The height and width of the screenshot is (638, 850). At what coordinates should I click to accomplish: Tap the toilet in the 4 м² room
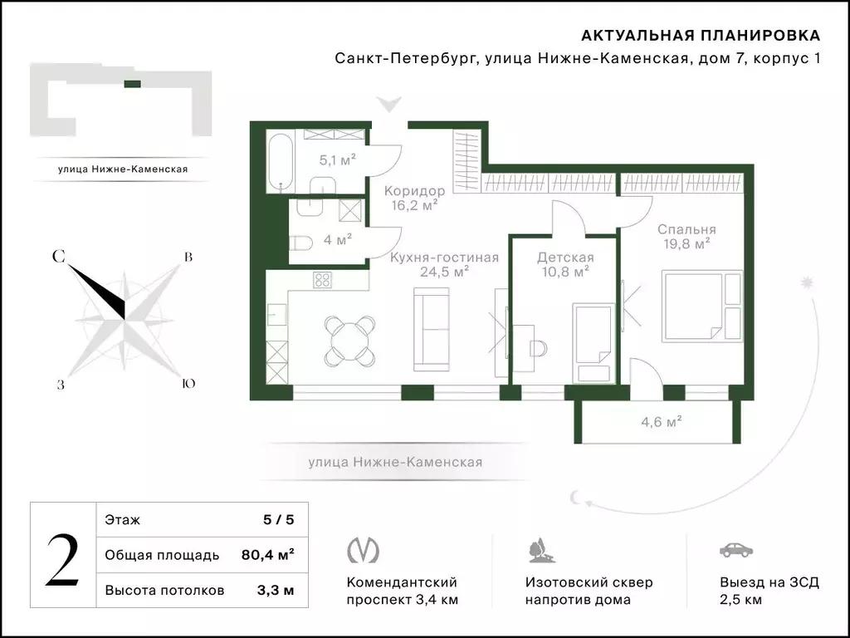click(x=302, y=243)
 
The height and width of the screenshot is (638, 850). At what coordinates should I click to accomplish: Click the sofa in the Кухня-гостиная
click(x=431, y=329)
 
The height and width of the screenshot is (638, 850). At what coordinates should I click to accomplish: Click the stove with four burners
click(x=323, y=281)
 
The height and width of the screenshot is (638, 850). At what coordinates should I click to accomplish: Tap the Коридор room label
click(x=414, y=191)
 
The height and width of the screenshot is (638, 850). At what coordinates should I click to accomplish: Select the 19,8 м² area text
click(x=685, y=244)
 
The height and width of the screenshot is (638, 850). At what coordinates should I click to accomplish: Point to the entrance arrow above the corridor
click(x=388, y=105)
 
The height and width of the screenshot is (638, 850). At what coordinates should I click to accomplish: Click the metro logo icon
click(x=363, y=550)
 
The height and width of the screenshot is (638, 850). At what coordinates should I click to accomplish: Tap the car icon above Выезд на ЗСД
click(x=735, y=550)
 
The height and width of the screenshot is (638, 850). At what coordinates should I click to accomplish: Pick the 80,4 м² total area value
click(x=272, y=555)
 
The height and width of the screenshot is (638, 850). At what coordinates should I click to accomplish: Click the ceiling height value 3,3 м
click(x=277, y=591)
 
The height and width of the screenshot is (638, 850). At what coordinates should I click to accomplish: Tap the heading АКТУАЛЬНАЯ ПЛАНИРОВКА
click(x=700, y=36)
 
